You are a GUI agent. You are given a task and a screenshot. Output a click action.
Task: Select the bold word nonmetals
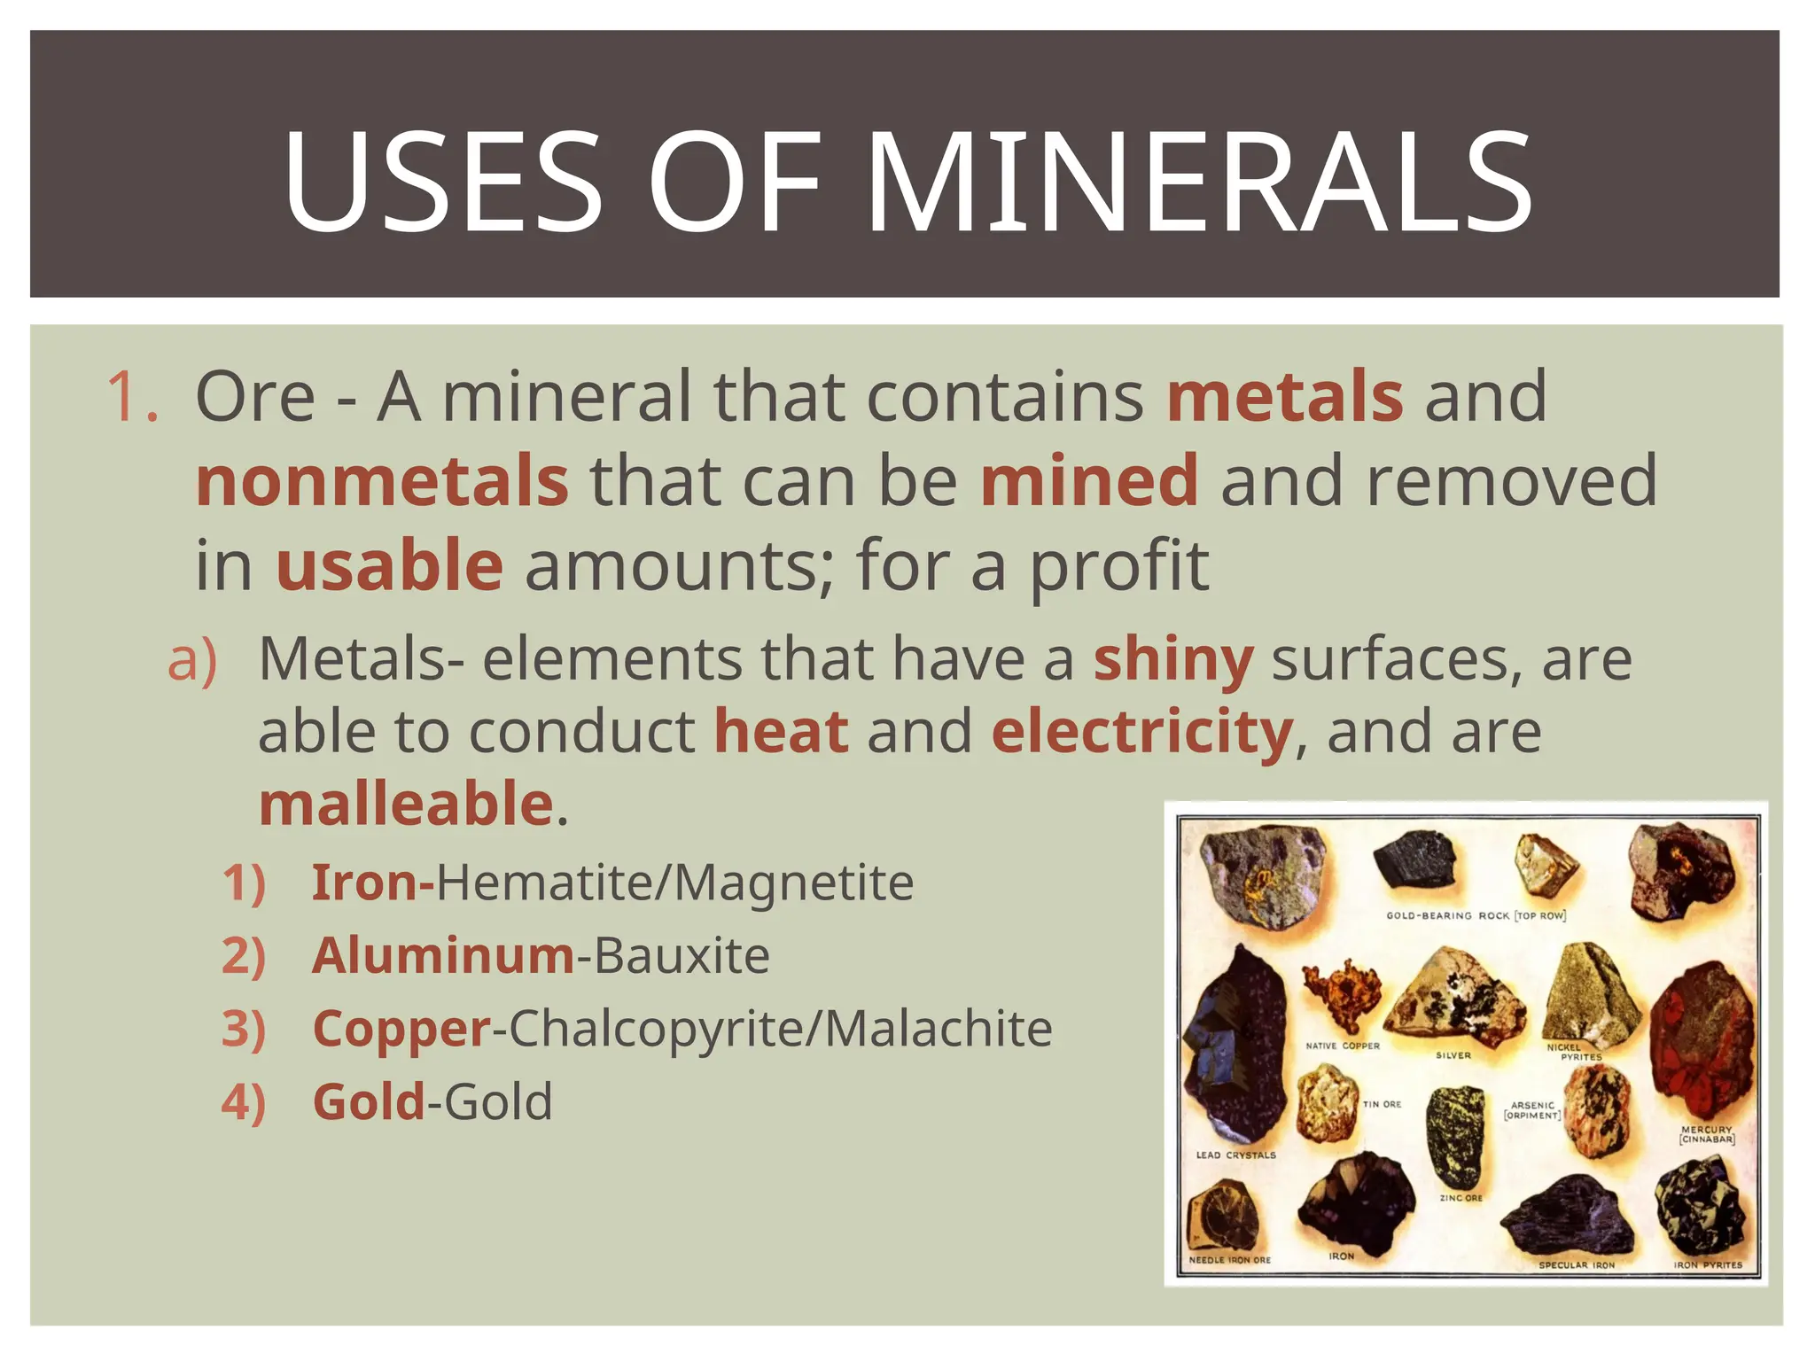(382, 480)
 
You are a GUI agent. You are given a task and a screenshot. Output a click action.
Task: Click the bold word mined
(1089, 480)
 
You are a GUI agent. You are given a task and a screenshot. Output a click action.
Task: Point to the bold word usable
(390, 565)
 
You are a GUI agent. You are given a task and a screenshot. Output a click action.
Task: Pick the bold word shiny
(1173, 659)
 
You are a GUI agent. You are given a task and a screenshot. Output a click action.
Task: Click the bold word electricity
(1141, 732)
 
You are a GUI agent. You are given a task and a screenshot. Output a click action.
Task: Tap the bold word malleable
(407, 804)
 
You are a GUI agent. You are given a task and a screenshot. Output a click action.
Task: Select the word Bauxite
(682, 955)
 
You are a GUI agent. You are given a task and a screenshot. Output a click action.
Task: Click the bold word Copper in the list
(401, 1029)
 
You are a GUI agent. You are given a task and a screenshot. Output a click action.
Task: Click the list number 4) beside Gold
(244, 1102)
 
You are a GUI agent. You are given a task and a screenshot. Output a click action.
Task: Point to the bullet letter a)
(192, 660)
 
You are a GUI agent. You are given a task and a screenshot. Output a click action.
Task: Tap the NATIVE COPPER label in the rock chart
(1343, 1046)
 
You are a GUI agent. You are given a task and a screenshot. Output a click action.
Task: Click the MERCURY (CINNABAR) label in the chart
(1706, 1134)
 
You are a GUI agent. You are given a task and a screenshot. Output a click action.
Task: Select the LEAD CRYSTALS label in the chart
(1235, 1155)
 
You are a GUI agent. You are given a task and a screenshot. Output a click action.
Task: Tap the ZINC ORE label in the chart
(1461, 1198)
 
